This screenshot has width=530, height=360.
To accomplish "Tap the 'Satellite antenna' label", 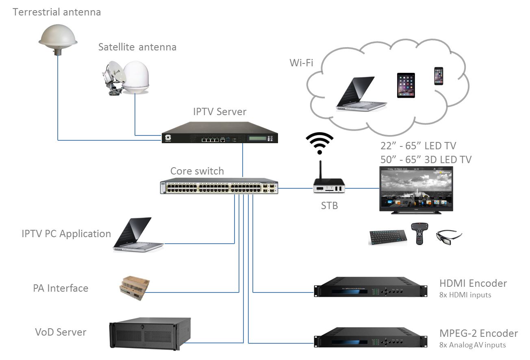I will (x=137, y=47).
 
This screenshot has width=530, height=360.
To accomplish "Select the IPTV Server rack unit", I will (x=219, y=133).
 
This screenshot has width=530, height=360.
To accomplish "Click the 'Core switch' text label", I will (x=197, y=171).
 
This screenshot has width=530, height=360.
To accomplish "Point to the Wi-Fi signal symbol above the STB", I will (x=319, y=143).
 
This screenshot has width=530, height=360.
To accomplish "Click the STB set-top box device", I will (x=329, y=187).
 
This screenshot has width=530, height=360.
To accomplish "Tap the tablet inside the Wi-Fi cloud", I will (x=406, y=85).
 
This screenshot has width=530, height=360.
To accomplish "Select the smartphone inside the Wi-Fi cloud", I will (x=439, y=76).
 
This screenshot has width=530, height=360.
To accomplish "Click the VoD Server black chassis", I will (x=150, y=333).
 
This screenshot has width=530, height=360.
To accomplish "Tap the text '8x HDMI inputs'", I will (x=465, y=295).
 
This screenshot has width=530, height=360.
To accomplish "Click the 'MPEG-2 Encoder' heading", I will (x=478, y=334).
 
